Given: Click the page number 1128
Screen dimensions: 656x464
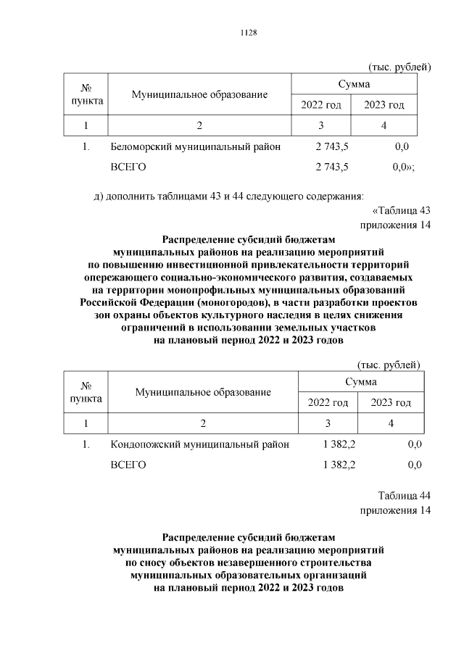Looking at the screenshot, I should point(249,33).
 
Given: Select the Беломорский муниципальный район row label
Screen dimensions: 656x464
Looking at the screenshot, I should point(196,146).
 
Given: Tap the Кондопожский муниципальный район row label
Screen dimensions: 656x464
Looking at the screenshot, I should point(199,444).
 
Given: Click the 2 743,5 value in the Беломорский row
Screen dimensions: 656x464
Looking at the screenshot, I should point(332,146).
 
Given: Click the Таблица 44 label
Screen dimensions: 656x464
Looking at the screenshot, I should point(405,496).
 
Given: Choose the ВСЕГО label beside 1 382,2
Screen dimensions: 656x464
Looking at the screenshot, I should point(128,465).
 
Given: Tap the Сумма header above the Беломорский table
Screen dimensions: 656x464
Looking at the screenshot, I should point(354,85).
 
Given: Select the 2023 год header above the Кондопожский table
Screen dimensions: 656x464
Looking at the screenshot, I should point(391,402).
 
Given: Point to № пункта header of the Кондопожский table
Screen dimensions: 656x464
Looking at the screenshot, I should point(86,392).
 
